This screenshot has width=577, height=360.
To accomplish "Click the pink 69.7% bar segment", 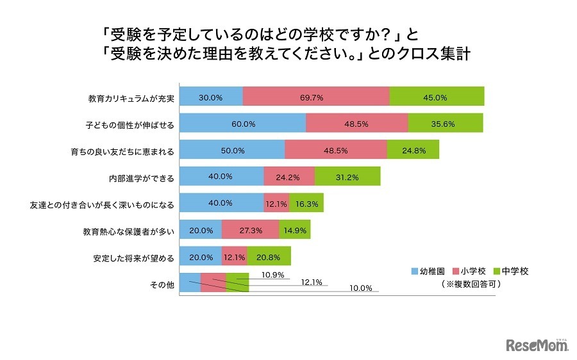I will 316,97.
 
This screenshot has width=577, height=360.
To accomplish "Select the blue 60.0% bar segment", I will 243,124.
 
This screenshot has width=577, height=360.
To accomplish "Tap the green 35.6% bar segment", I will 446,124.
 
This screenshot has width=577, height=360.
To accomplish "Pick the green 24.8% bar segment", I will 413,150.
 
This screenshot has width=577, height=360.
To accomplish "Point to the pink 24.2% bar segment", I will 288,177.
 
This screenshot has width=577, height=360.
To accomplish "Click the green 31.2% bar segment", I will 347,177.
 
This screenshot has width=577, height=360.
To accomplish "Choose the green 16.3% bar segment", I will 306,203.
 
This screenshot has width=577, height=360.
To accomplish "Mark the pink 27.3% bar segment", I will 250,229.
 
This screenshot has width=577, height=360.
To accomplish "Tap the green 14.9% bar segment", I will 294,229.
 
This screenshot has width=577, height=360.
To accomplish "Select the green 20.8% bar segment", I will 269,256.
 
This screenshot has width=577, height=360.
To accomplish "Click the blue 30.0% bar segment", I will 211,97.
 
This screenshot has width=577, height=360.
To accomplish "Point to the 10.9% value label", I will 274,275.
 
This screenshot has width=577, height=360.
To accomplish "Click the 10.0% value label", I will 361,288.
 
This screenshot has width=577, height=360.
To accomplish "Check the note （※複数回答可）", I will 470,283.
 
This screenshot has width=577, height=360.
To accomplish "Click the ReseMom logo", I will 537,345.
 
